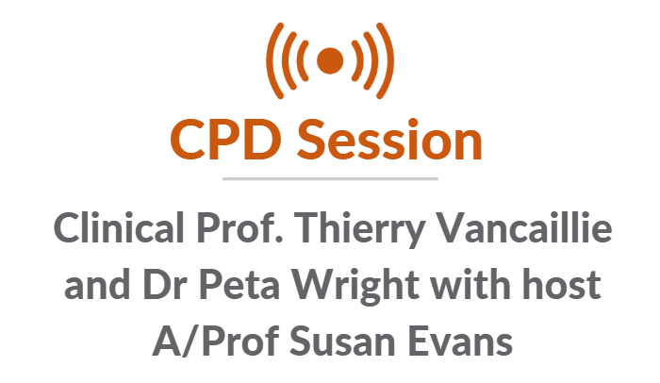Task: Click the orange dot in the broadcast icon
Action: [330, 61]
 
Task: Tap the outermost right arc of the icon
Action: [389, 61]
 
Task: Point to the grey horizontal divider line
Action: [330, 177]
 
